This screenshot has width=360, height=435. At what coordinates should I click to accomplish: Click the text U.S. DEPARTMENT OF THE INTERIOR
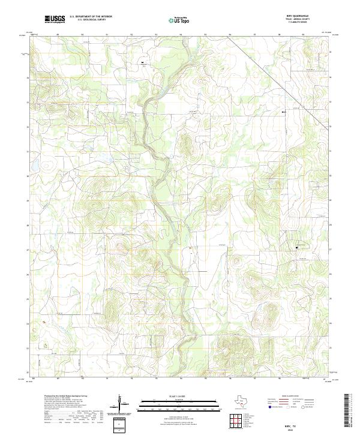coord(91,17)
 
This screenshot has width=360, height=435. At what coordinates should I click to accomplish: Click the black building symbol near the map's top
coord(142,62)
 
